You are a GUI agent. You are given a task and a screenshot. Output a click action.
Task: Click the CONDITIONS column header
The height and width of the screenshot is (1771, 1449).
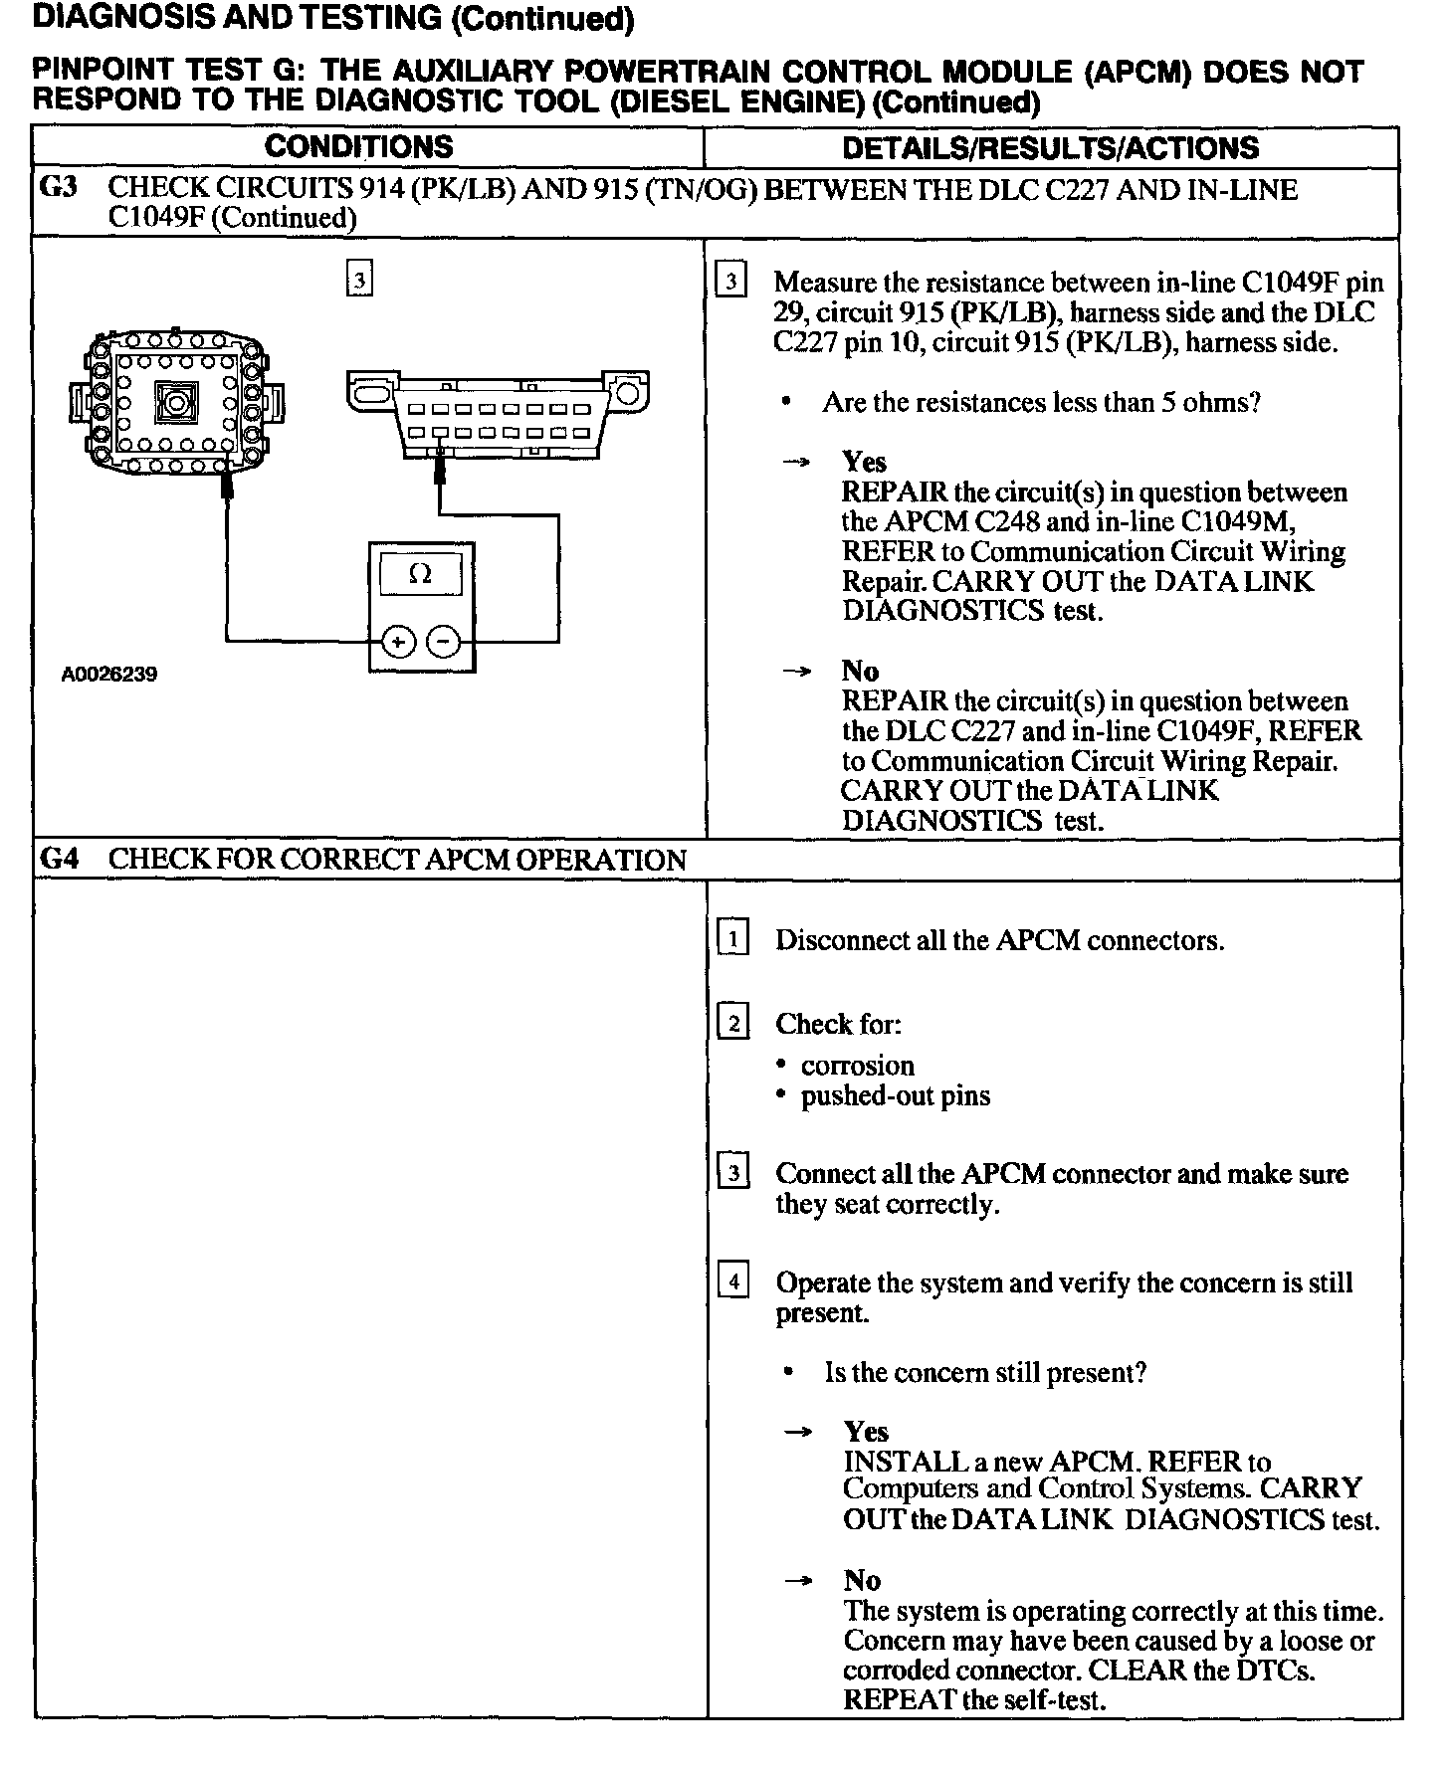pos(358,147)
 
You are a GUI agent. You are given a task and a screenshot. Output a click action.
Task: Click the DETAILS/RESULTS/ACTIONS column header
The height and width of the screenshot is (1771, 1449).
pos(1050,148)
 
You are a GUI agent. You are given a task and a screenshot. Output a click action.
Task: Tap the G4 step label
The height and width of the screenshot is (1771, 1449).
pos(59,859)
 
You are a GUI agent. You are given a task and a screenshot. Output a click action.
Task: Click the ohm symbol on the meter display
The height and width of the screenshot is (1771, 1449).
pos(421,574)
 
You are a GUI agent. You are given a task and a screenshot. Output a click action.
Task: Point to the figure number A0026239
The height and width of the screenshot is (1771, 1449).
pos(109,675)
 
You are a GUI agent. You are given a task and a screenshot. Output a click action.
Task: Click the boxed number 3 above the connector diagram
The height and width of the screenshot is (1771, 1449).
pos(359,280)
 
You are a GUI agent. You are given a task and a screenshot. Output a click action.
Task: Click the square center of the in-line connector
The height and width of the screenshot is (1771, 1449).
pos(174,404)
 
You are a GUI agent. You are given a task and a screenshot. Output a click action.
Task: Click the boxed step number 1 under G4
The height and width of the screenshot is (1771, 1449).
pos(733,939)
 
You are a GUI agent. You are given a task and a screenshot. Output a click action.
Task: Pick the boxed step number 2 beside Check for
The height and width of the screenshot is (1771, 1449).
pos(733,1023)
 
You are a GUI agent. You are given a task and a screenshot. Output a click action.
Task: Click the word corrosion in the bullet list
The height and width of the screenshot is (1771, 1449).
pos(857,1066)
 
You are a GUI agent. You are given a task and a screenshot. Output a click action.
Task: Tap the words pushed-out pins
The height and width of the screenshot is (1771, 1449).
pos(896,1096)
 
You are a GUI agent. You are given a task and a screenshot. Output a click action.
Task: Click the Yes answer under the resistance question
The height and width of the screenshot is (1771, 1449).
pos(864,462)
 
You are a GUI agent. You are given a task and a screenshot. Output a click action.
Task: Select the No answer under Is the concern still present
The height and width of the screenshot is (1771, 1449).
pos(862,1580)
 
